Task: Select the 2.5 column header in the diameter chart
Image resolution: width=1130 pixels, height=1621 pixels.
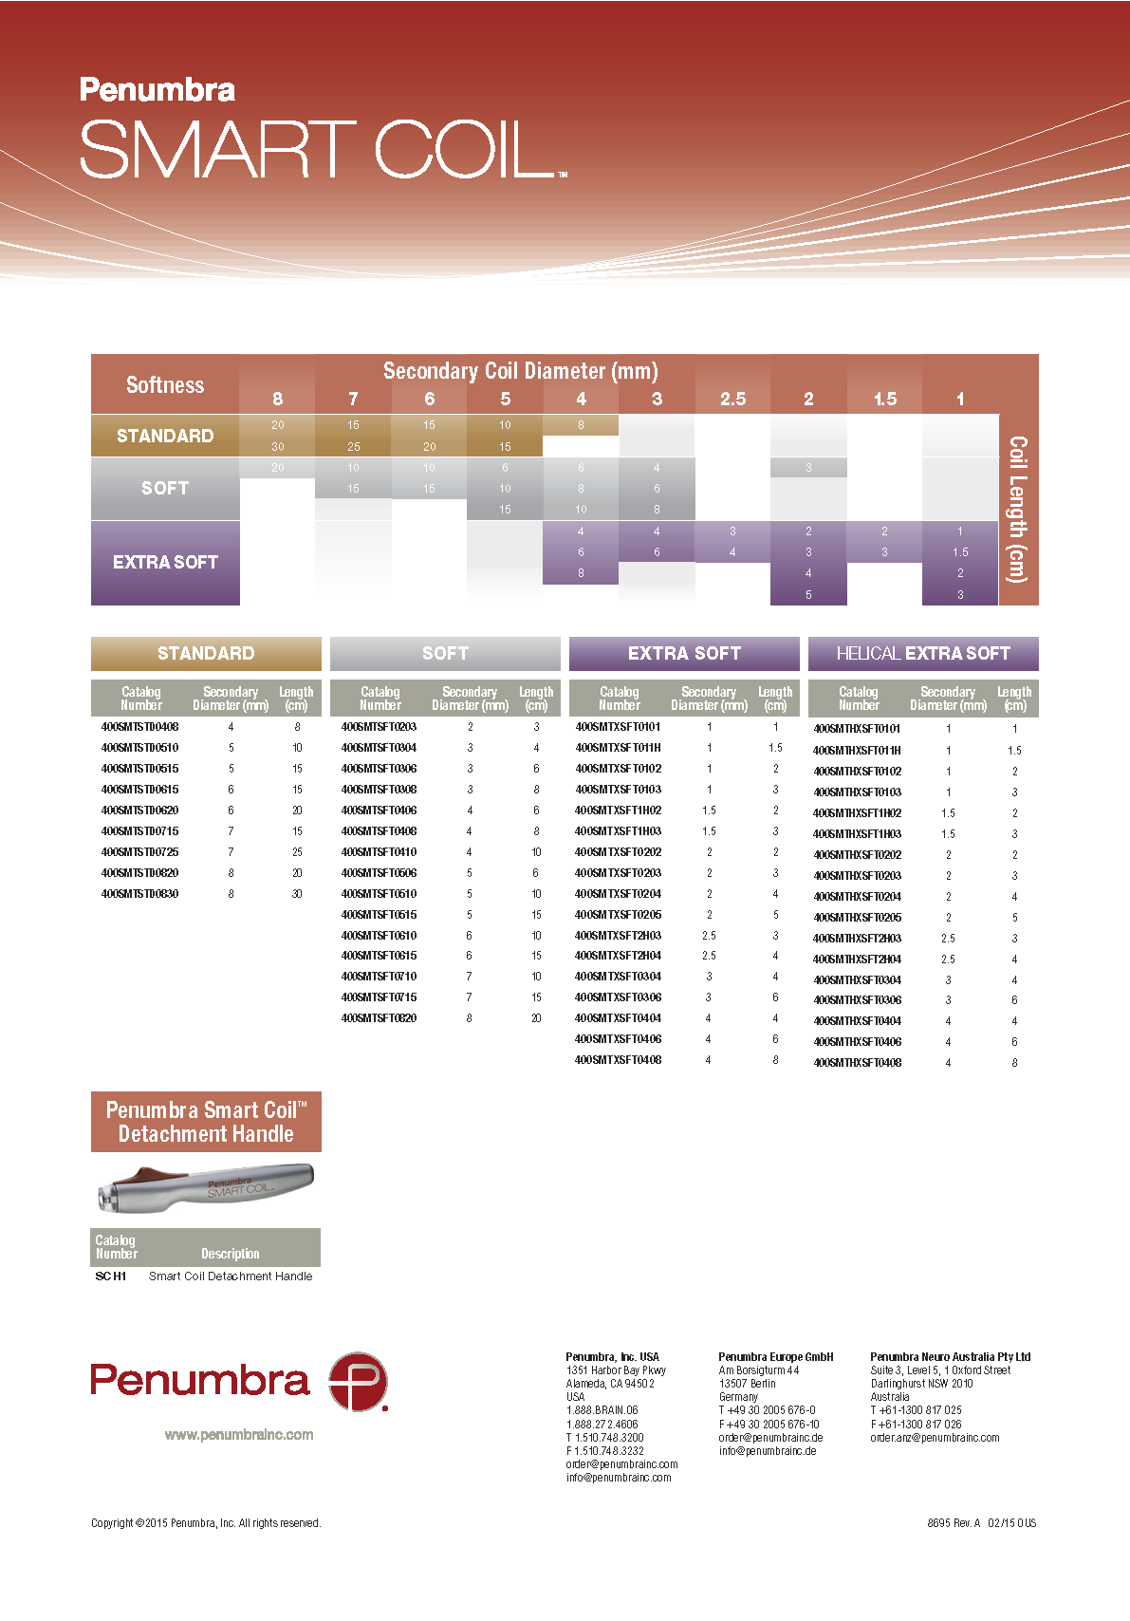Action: tap(732, 399)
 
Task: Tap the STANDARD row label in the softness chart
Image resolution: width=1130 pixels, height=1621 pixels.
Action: tap(165, 436)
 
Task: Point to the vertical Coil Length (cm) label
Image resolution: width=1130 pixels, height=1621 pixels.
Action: tap(1018, 509)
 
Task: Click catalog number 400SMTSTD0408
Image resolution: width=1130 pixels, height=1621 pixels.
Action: tap(139, 727)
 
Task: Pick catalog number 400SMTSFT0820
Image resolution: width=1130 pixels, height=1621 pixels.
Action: tap(379, 1018)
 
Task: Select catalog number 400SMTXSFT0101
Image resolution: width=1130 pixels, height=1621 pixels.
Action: tap(618, 727)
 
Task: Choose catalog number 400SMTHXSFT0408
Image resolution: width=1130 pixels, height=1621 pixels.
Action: tap(857, 1063)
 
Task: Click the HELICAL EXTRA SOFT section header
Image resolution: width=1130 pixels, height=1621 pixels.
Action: tap(923, 653)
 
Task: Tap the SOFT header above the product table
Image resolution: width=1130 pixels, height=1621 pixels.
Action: tap(445, 653)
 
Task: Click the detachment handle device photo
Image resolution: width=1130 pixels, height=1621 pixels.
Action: tap(205, 1187)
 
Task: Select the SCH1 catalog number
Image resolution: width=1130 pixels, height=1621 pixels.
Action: tap(111, 1276)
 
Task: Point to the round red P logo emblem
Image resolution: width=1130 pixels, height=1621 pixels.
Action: tap(358, 1382)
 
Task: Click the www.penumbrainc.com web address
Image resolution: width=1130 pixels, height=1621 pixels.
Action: tap(239, 1435)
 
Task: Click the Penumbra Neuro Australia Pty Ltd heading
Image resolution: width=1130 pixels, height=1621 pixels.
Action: tap(950, 1357)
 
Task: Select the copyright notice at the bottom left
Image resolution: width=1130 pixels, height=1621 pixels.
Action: tap(206, 1523)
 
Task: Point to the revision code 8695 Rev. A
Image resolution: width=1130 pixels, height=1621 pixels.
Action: tap(954, 1523)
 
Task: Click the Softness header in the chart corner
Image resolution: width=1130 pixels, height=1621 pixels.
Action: tap(165, 385)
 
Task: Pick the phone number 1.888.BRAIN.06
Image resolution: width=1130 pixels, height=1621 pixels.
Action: tap(602, 1410)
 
